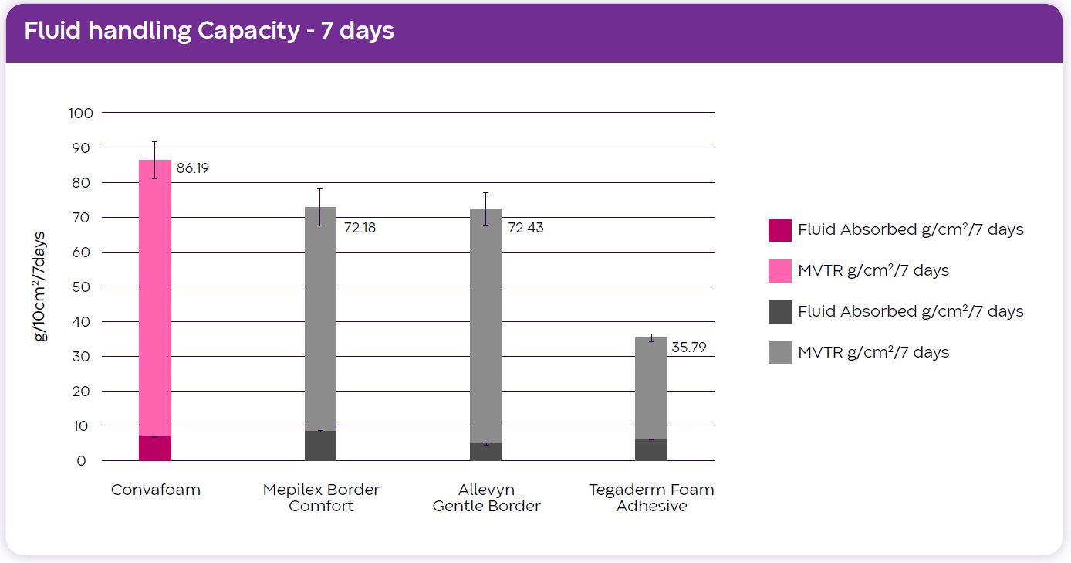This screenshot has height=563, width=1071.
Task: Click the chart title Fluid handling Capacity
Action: click(208, 31)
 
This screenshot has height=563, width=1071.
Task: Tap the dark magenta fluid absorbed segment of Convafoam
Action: click(155, 449)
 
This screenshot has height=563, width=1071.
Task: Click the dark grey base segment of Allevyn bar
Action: click(485, 453)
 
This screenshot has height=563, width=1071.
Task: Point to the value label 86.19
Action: click(193, 168)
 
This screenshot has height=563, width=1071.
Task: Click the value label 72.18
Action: click(360, 228)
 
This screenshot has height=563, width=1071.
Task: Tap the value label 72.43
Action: click(525, 228)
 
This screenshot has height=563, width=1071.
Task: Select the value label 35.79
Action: click(689, 348)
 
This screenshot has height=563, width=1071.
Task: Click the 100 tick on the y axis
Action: click(81, 113)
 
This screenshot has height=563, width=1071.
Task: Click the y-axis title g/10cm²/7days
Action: click(40, 287)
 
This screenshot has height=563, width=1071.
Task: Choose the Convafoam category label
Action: click(155, 490)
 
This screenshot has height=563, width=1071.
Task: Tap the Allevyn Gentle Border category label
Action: click(486, 497)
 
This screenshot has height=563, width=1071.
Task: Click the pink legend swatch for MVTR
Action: click(779, 270)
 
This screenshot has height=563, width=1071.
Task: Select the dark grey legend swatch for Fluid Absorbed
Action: click(779, 311)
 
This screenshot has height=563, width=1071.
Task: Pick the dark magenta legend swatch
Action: click(779, 229)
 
